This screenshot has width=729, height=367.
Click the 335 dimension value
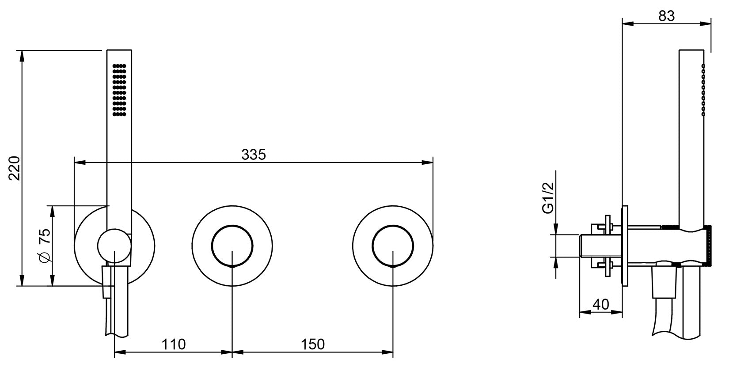coord(253,155)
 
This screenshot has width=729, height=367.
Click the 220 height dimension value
coord(15,168)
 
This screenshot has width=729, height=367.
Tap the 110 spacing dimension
coord(173,344)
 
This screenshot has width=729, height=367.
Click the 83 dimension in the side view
coord(666,16)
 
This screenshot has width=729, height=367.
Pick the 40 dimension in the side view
coord(600,304)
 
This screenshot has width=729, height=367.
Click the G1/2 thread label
coord(547,199)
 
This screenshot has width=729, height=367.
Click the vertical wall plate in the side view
coord(625,246)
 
